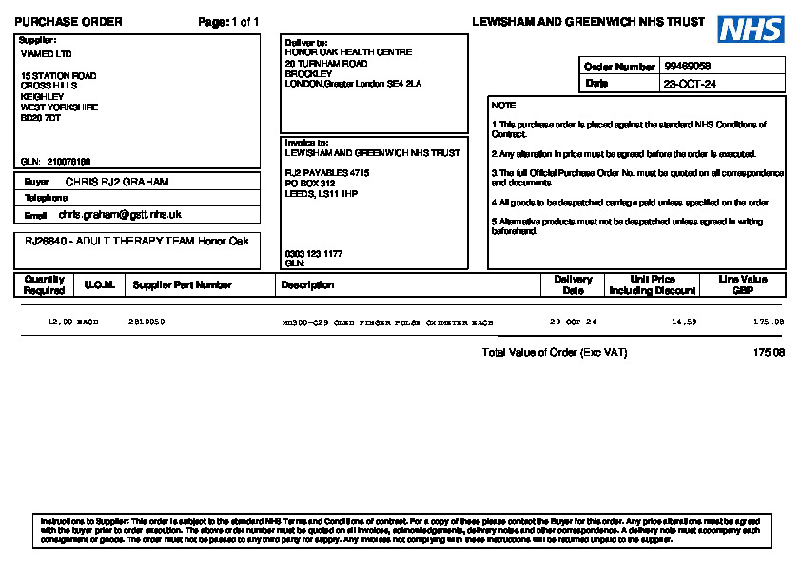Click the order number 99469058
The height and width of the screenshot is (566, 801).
[x=688, y=67]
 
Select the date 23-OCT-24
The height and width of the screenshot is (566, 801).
[x=690, y=84]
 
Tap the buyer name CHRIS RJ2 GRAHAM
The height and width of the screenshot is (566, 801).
[x=117, y=181]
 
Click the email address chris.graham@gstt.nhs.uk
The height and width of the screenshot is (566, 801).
[x=120, y=215]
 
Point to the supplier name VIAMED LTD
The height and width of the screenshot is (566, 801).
[x=46, y=54]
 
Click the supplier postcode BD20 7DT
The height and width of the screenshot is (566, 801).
[x=41, y=118]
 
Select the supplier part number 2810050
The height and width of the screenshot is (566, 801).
[x=147, y=322]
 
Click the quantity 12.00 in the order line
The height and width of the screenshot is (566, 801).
[x=60, y=322]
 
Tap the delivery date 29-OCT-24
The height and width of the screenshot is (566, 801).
[x=574, y=322]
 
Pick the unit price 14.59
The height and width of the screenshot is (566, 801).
[x=684, y=322]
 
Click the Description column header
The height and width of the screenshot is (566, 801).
[x=307, y=284]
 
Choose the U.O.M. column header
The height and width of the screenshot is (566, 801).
[x=99, y=284]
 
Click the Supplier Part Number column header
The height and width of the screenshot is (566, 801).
[x=182, y=284]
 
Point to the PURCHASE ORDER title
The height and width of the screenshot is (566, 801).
[x=68, y=22]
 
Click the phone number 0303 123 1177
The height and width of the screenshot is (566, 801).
[x=313, y=254]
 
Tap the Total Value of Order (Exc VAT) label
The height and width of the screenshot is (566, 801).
[x=555, y=353]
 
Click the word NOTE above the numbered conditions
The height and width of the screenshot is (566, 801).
[x=503, y=106]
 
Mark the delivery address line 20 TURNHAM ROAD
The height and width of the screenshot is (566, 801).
[x=326, y=63]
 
